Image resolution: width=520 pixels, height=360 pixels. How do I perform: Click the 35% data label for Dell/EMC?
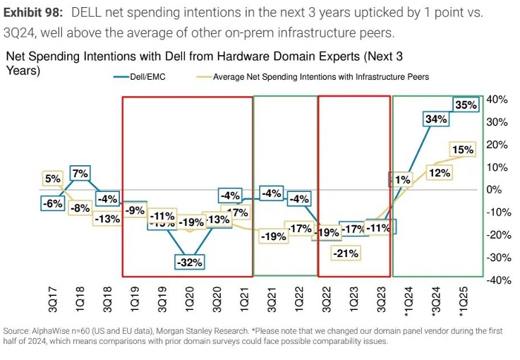point(466,104)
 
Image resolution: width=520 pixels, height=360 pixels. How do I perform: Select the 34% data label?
point(437,119)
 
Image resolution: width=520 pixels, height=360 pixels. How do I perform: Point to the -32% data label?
point(189,261)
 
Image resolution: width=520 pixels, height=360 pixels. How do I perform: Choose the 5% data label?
point(53,179)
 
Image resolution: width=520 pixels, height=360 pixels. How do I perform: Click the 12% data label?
point(440,172)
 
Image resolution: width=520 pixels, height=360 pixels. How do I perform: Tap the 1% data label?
point(402,179)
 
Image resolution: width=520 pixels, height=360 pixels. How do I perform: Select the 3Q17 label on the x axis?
point(53,301)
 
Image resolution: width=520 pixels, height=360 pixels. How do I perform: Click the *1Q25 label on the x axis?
point(464,304)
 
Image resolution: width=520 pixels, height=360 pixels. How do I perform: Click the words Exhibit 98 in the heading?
point(33,14)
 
